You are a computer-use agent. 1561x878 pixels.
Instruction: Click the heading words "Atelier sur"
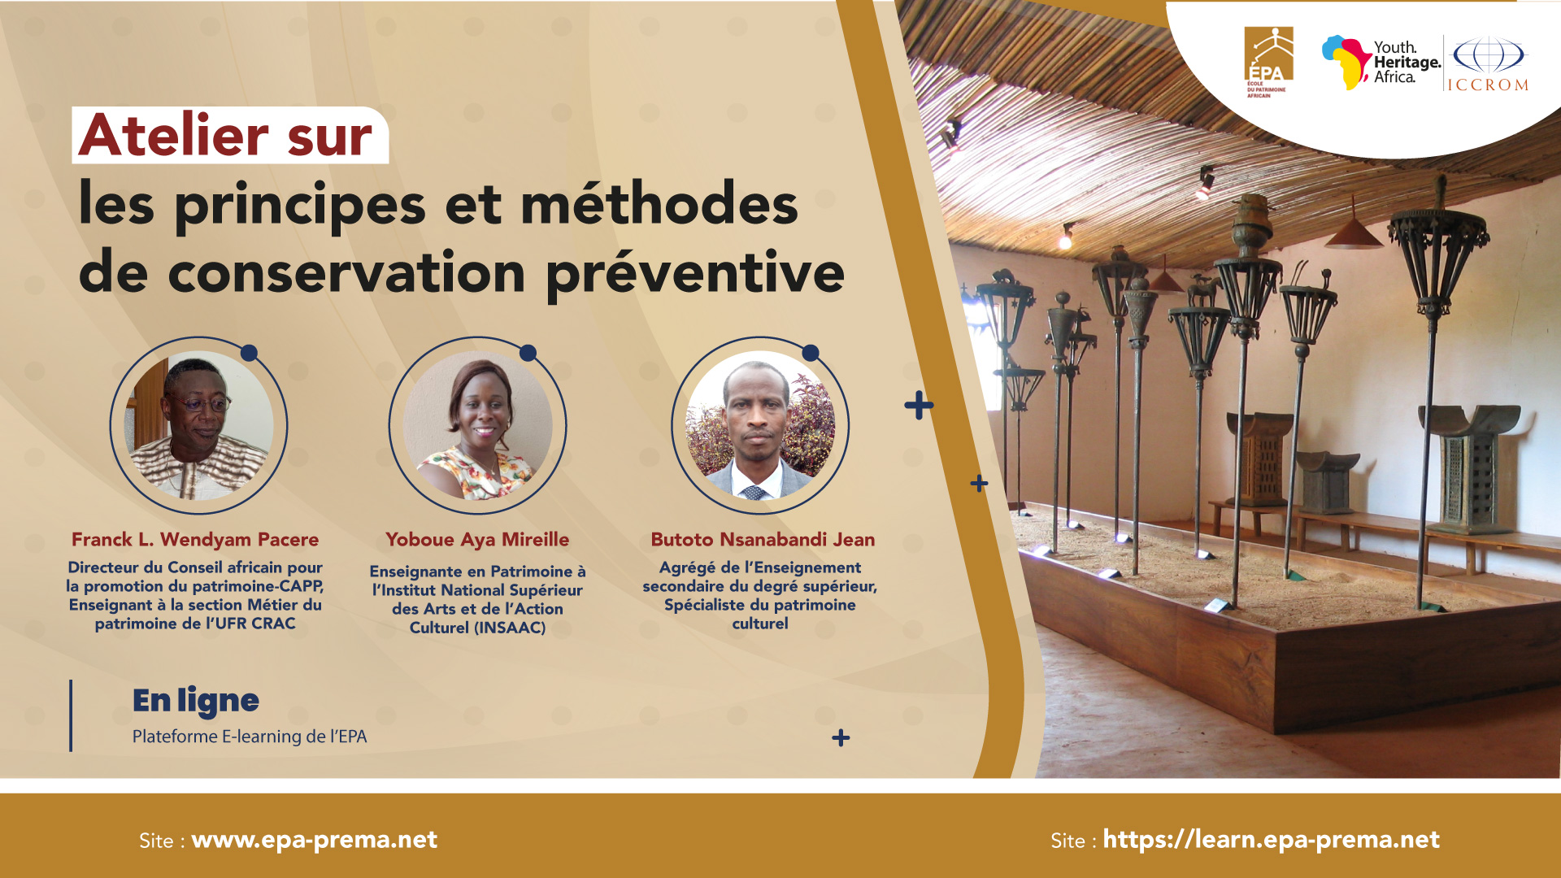click(x=225, y=135)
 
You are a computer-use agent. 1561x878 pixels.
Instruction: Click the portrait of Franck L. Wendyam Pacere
click(x=198, y=425)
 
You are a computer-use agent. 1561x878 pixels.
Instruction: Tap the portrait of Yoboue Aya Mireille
click(x=478, y=425)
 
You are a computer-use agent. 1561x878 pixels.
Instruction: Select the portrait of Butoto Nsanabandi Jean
click(x=760, y=425)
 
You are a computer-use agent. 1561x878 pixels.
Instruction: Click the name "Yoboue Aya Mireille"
click(x=477, y=540)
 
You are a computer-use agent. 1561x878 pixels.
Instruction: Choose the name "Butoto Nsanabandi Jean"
click(x=763, y=540)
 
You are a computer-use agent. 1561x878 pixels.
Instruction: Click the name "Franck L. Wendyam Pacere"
click(x=195, y=540)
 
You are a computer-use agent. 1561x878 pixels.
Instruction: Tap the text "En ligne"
click(x=196, y=701)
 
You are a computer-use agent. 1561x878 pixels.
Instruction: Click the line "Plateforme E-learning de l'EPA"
click(x=250, y=737)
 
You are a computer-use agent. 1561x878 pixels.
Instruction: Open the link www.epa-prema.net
click(x=315, y=840)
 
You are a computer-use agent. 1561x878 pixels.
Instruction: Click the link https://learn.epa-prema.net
click(x=1272, y=840)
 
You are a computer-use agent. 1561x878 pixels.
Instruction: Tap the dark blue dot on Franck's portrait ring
click(x=250, y=353)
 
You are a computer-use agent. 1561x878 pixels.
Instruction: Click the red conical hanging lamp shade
click(x=1354, y=233)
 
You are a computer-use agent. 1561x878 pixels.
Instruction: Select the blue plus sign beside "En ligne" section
click(x=841, y=738)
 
